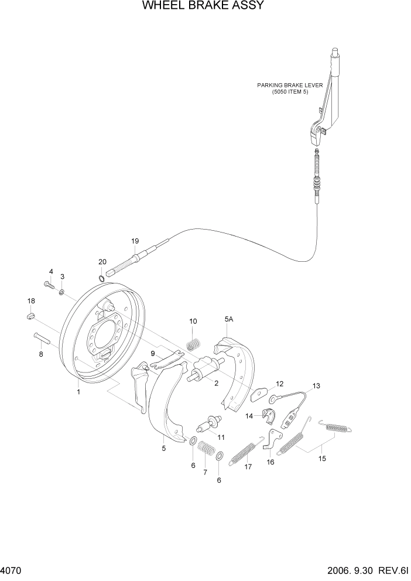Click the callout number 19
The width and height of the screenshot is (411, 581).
[135, 241]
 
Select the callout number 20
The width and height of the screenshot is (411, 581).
[102, 262]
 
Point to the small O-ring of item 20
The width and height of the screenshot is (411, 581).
[102, 278]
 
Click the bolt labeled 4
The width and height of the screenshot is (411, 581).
[49, 285]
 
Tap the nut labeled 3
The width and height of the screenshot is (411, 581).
[62, 291]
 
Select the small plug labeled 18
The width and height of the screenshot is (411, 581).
[32, 317]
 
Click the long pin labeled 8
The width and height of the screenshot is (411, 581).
[42, 338]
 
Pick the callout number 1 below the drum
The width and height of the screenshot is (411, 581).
[77, 392]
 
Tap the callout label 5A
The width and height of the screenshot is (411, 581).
[228, 319]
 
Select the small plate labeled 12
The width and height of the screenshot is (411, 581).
[258, 395]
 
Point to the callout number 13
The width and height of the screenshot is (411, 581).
[316, 386]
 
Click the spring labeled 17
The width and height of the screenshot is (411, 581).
[242, 453]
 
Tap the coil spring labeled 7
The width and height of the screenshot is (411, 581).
[205, 453]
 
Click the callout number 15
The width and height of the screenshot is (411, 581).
[321, 459]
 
